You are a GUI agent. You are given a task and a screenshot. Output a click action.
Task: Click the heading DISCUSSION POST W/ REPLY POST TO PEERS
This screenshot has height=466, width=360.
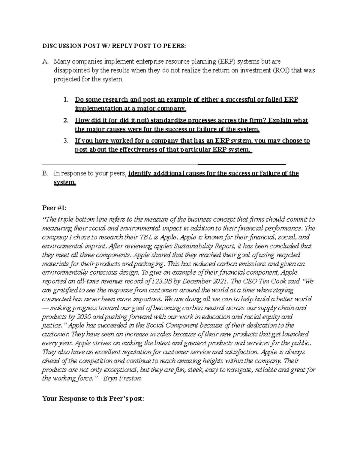[x=114, y=46]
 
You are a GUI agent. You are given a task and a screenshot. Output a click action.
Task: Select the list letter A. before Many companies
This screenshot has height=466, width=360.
[x=45, y=62]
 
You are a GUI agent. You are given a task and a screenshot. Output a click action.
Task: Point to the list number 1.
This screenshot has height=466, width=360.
[x=66, y=100]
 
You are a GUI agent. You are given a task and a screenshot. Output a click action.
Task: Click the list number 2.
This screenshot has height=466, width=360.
[x=66, y=121]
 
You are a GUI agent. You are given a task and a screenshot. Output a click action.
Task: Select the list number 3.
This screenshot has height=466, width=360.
[x=66, y=141]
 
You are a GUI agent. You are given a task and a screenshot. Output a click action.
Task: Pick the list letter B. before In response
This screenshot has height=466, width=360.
[x=45, y=173]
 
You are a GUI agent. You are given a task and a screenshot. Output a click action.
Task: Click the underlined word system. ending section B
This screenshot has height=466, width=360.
[x=65, y=182]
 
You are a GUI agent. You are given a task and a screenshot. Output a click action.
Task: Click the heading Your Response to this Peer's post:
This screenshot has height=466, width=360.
[x=93, y=399]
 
